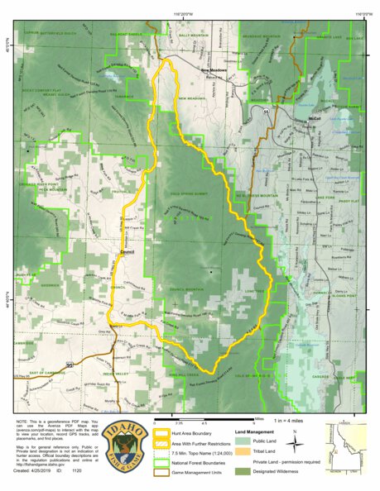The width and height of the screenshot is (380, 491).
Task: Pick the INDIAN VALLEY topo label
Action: coord(119,375)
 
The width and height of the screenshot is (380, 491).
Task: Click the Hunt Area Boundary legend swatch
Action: coord(166,431)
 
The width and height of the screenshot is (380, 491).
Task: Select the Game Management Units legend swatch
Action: coord(166,467)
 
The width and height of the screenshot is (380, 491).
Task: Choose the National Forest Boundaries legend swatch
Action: coord(166,458)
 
